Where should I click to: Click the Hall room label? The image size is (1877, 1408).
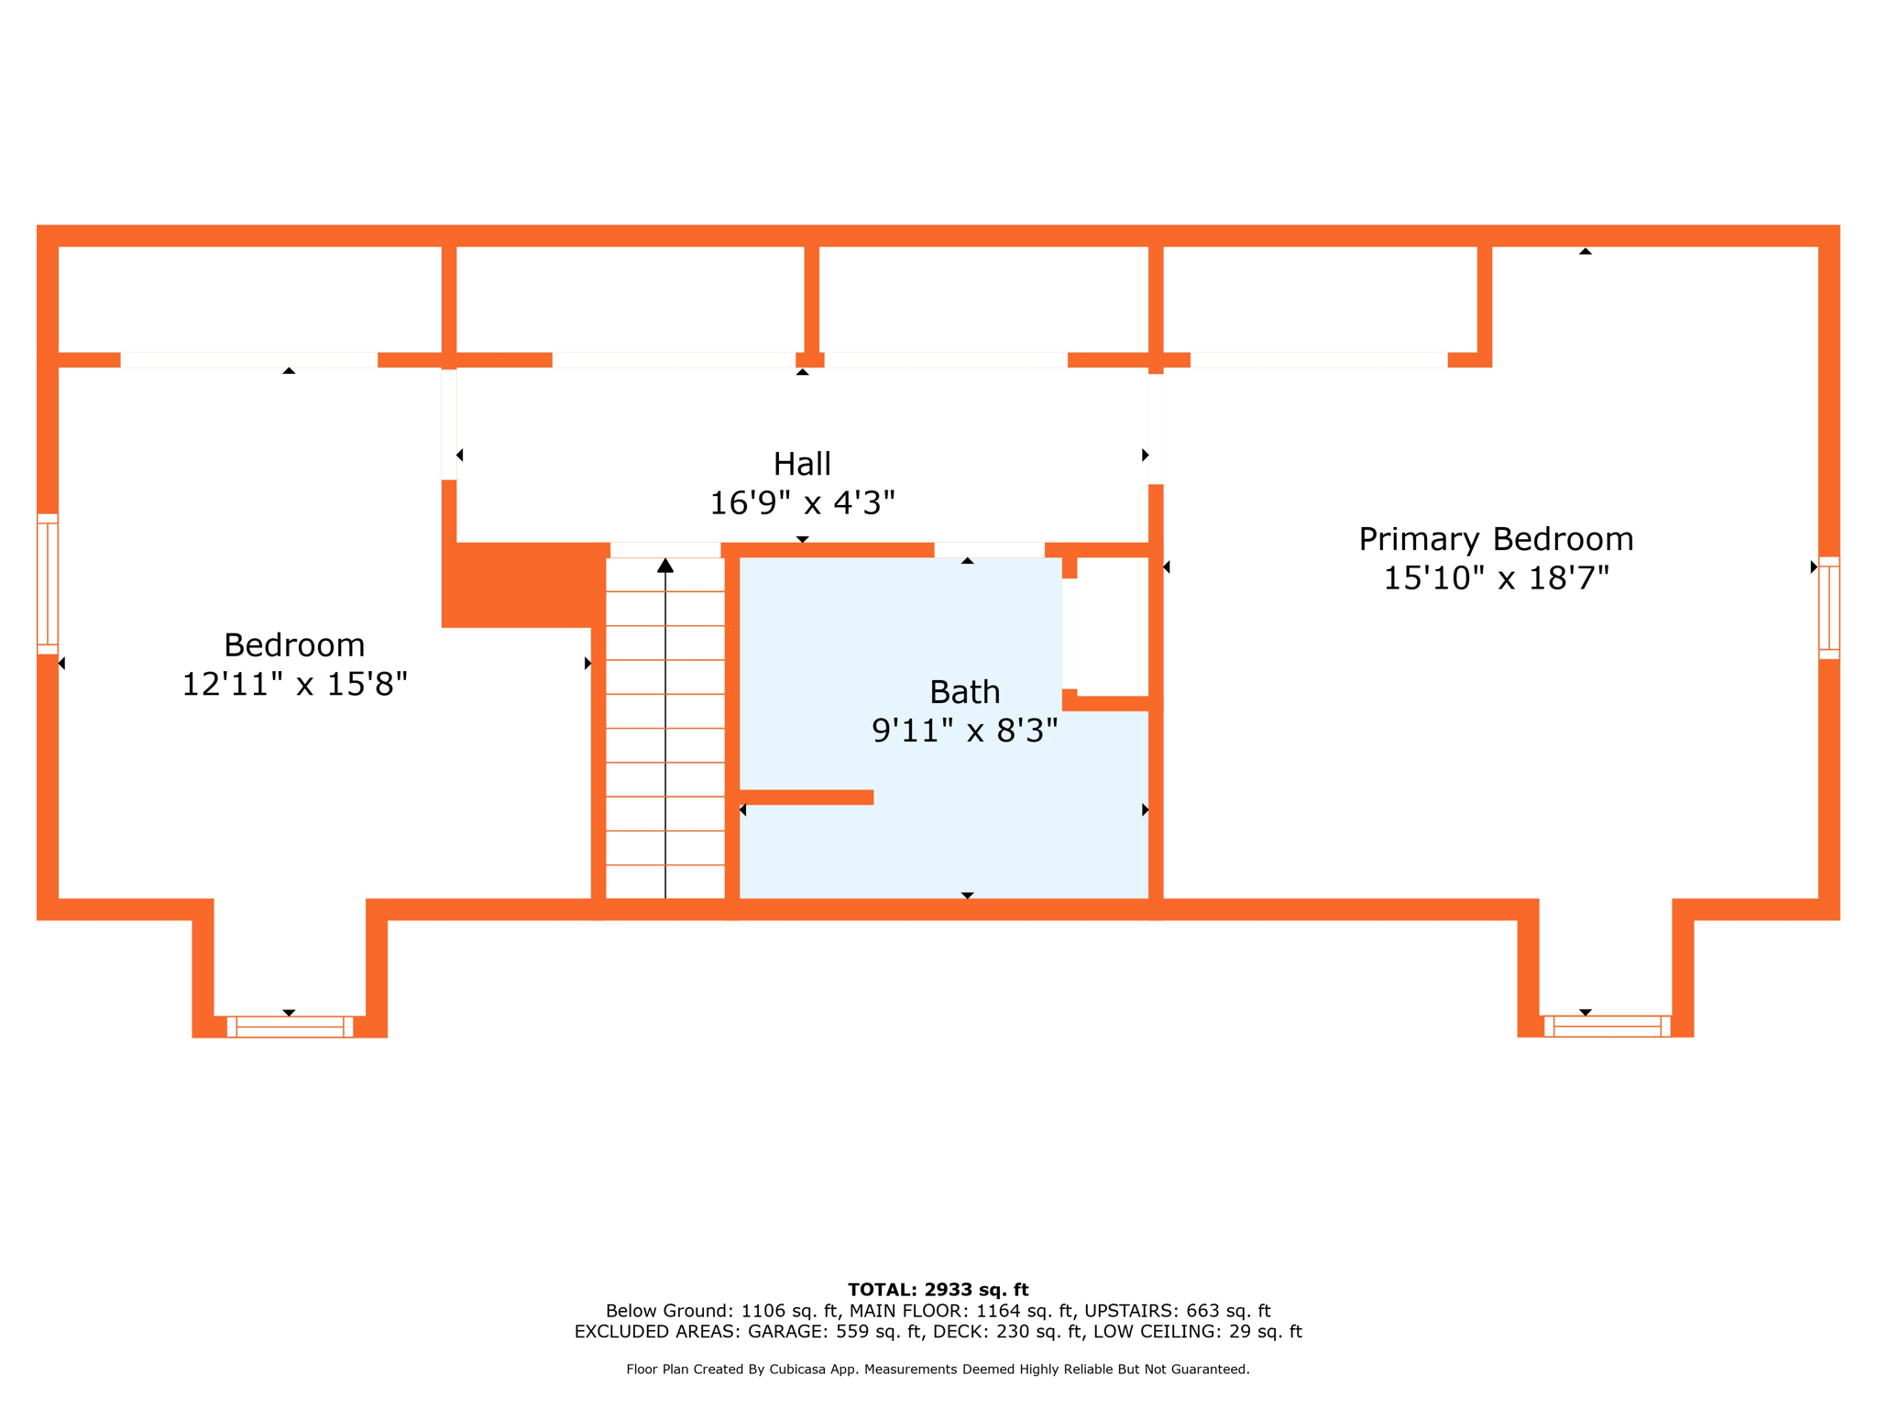[802, 464]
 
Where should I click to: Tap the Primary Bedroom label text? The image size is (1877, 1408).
[1496, 539]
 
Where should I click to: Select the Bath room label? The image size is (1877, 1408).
[964, 692]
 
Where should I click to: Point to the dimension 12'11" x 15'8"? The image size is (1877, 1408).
[294, 684]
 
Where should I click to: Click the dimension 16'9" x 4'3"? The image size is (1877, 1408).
[802, 502]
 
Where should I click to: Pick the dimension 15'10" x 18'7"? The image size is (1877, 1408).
[1496, 578]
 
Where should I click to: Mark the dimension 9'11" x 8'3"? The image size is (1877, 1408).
[964, 731]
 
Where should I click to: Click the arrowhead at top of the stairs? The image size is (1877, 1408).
[665, 566]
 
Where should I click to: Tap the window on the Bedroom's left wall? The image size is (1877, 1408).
[48, 584]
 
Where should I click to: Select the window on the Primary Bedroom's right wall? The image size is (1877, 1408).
[1829, 608]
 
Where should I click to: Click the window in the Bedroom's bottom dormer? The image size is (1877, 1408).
[290, 1027]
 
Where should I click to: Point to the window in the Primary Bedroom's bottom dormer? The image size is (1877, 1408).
[1608, 1026]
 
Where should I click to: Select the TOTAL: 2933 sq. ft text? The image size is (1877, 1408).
[938, 1290]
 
